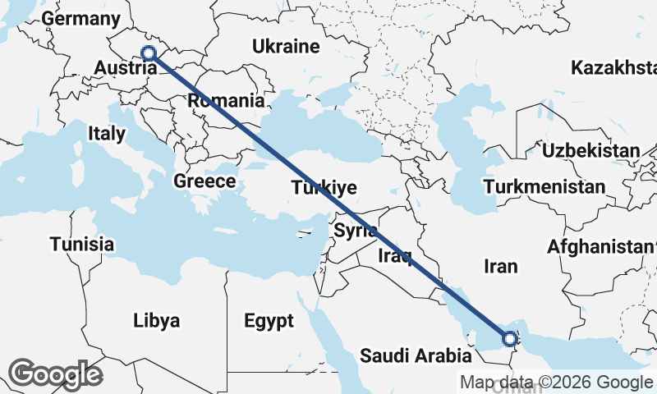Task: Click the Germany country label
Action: pyautogui.click(x=80, y=19)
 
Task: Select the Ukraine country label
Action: pyautogui.click(x=286, y=46)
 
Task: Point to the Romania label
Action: pyautogui.click(x=227, y=101)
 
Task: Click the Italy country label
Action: pyautogui.click(x=107, y=132)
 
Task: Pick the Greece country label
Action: pyautogui.click(x=205, y=181)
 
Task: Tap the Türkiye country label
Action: pyautogui.click(x=324, y=188)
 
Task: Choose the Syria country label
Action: pyautogui.click(x=356, y=231)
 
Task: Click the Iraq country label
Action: pyautogui.click(x=394, y=256)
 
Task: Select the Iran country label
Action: pyautogui.click(x=501, y=266)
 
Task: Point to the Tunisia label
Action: pyautogui.click(x=81, y=244)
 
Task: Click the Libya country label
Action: pyautogui.click(x=156, y=320)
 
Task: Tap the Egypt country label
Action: pyautogui.click(x=269, y=321)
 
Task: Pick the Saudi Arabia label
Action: pyautogui.click(x=416, y=355)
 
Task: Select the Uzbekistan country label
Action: pyautogui.click(x=590, y=150)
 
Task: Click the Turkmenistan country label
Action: pyautogui.click(x=544, y=187)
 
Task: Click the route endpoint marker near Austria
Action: pyautogui.click(x=149, y=54)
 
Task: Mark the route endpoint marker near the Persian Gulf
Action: pyautogui.click(x=509, y=338)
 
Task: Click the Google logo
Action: pyautogui.click(x=55, y=374)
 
